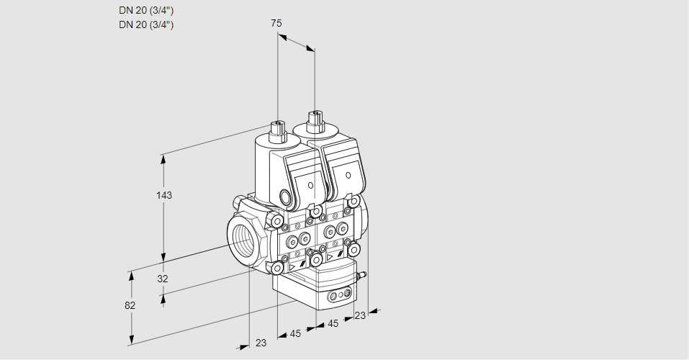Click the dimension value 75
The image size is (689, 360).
tap(276, 23)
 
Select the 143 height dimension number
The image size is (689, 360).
tap(165, 195)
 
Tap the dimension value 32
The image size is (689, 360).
tap(163, 279)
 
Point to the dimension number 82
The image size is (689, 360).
tap(130, 305)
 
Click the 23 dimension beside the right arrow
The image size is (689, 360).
tap(360, 315)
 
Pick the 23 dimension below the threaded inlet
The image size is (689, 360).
tap(261, 343)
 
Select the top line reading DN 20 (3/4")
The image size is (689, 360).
tap(146, 10)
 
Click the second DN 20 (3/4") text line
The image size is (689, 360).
tap(146, 24)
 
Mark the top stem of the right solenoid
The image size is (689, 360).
tap(314, 119)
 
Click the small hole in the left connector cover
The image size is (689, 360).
tap(311, 186)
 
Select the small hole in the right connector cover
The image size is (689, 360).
tap(348, 176)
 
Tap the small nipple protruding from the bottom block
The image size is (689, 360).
tap(364, 274)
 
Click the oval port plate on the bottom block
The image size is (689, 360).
tap(339, 295)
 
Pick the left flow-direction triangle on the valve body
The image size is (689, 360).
tap(293, 266)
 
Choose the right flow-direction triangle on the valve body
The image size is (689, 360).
tap(330, 256)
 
